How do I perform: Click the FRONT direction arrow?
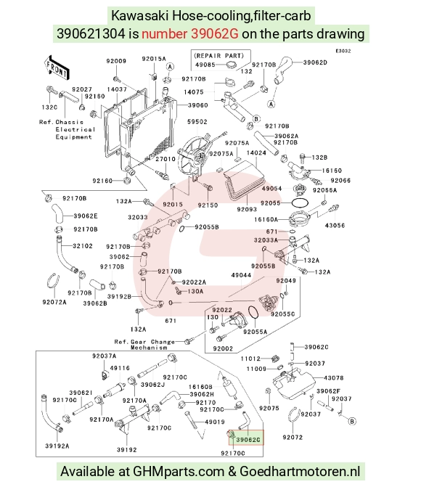[x=57, y=67]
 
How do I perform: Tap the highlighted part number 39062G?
[x=248, y=440]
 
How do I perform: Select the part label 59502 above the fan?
[x=197, y=122]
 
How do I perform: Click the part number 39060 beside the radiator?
[x=197, y=105]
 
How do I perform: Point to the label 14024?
[x=256, y=153]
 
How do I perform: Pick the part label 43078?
[x=334, y=378]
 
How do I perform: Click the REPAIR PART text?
[x=218, y=56]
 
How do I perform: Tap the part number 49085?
[x=205, y=65]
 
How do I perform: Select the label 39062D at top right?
[x=315, y=62]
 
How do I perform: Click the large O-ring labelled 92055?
[x=300, y=202]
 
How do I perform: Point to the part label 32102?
[x=83, y=246]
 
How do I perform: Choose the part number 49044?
[x=241, y=275]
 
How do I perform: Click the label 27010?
[x=165, y=159]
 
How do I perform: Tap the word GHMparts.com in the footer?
[x=179, y=472]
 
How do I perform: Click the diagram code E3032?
[x=343, y=51]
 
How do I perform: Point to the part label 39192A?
[x=57, y=446]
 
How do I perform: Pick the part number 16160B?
[x=200, y=387]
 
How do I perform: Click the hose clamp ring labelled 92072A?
[x=53, y=281]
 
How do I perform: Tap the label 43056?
[x=335, y=226]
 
